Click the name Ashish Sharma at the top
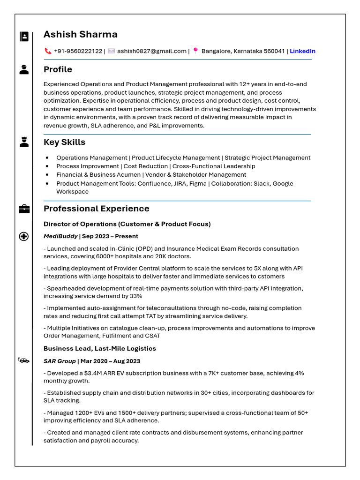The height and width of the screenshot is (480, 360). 80,34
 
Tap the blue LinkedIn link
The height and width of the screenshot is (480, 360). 302,51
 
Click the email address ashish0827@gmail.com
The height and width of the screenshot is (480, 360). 151,51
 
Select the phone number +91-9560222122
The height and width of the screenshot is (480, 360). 78,51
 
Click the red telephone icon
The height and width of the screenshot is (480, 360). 48,51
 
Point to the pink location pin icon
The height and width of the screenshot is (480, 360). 195,51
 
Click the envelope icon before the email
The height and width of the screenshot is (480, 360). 111,51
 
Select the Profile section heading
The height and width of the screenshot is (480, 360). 58,69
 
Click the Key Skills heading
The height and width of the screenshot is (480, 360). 64,142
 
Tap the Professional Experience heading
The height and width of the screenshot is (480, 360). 96,209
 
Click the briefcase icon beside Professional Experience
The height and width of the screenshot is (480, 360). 24,209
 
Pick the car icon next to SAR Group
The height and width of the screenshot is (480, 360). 24,360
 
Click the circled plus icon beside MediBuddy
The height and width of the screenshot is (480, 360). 24,236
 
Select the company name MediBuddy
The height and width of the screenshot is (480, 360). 60,236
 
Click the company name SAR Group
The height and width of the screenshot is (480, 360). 60,361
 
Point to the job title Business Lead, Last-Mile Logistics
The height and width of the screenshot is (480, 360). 99,348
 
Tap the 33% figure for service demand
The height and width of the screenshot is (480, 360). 135,296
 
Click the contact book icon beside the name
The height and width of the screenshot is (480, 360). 24,37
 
